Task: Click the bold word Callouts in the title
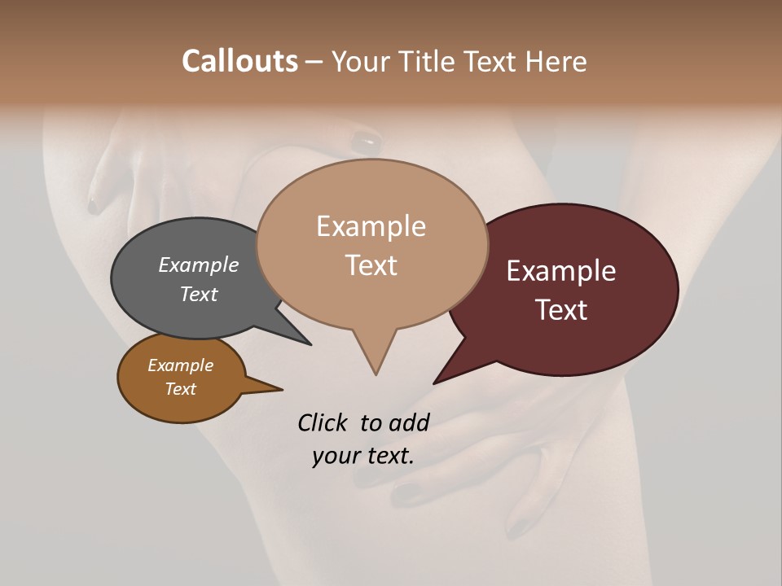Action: point(239,61)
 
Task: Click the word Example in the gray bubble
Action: point(199,265)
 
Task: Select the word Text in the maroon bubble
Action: point(561,309)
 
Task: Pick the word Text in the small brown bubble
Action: point(181,389)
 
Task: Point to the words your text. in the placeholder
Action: point(362,456)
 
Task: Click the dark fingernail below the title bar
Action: point(365,144)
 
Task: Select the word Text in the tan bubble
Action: point(371,265)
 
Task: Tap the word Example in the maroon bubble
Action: point(561,270)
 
